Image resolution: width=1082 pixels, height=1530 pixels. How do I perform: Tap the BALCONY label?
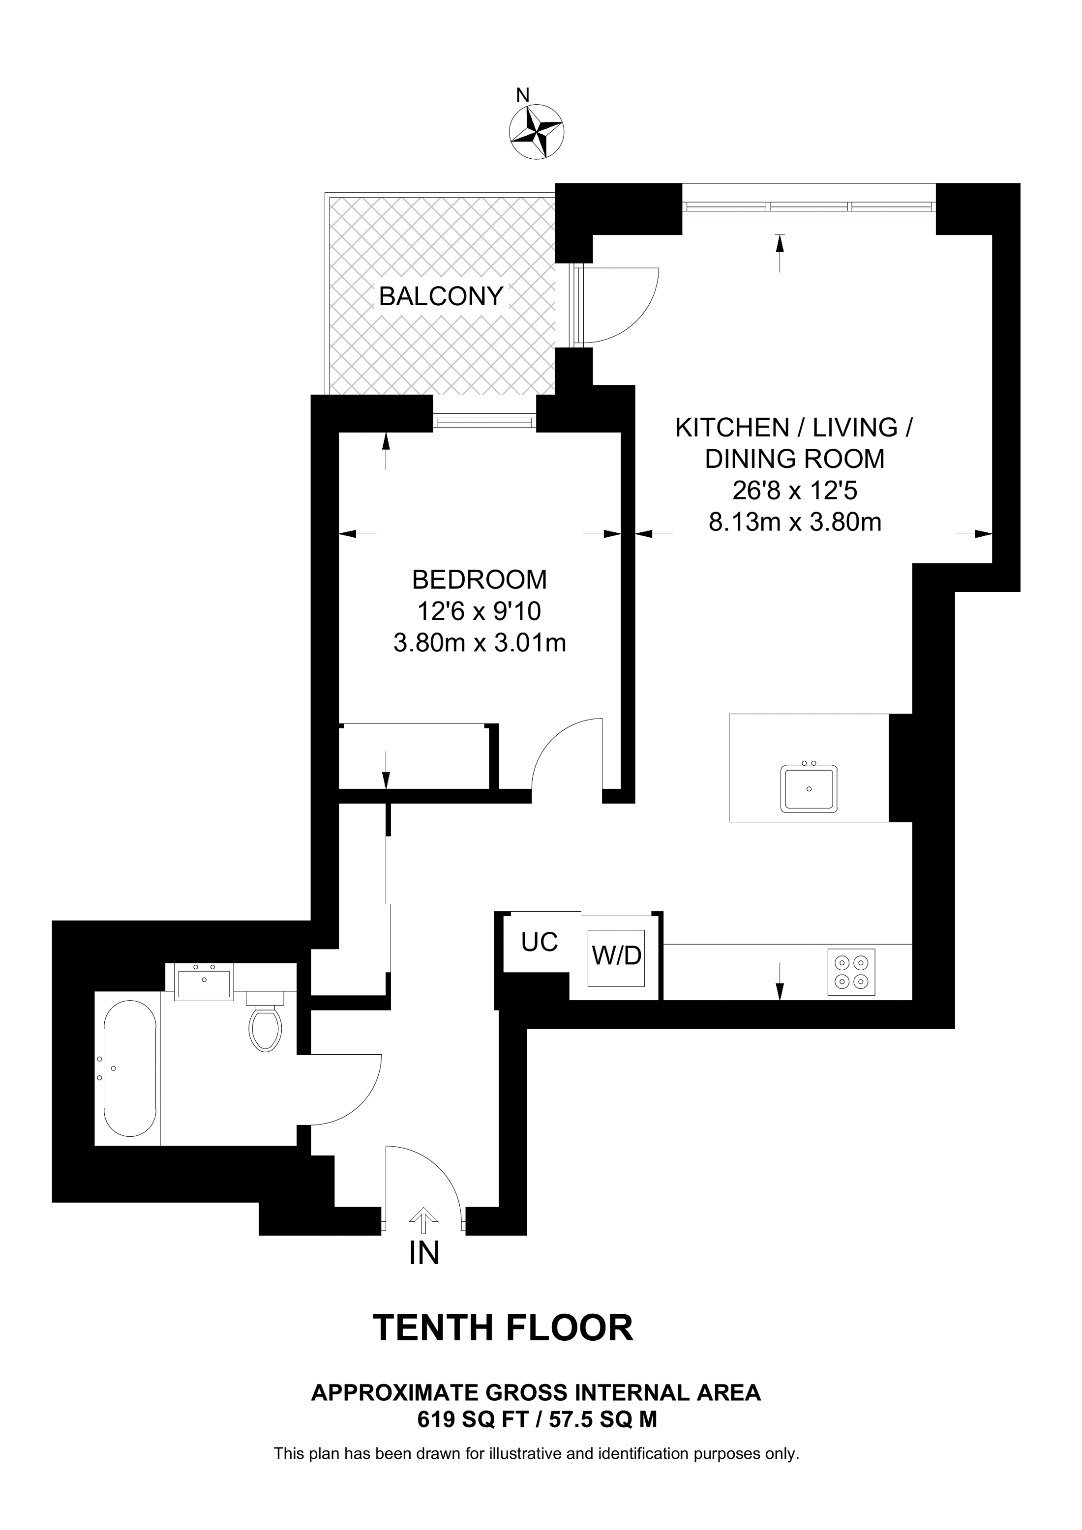click(441, 296)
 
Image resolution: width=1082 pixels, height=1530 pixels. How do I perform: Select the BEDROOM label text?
click(480, 580)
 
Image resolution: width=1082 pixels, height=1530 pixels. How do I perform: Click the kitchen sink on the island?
click(809, 788)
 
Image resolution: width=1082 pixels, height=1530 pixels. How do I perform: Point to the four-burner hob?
click(851, 972)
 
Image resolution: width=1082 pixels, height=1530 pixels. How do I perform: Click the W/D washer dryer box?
click(616, 957)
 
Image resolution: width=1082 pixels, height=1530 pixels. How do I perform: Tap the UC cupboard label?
click(540, 942)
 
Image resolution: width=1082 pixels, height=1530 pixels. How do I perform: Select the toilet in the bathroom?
click(265, 1024)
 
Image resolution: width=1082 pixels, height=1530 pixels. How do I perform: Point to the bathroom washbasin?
click(203, 983)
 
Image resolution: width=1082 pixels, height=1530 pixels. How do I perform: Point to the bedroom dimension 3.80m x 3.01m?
click(480, 643)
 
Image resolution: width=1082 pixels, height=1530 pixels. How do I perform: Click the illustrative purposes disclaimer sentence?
click(536, 1453)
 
